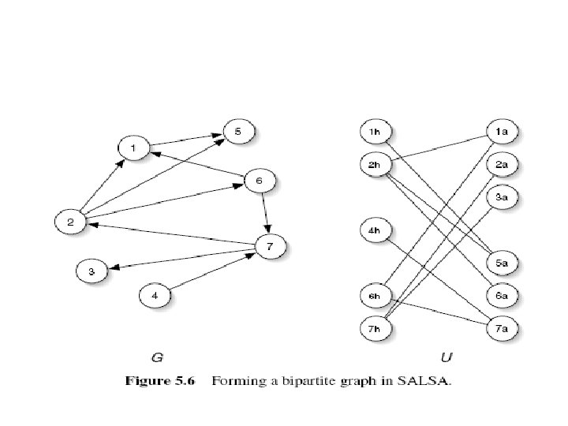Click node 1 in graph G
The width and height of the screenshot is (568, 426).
[133, 148]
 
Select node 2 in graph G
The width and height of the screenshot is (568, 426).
[70, 222]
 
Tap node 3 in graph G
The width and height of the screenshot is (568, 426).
[92, 271]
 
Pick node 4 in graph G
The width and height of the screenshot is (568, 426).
[155, 296]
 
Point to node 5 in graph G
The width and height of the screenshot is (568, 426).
[239, 132]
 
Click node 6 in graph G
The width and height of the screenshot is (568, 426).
[260, 181]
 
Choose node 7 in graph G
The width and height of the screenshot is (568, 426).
[270, 247]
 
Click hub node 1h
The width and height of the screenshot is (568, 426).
[375, 132]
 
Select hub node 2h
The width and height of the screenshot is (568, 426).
[375, 164]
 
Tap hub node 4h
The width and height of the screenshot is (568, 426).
[375, 230]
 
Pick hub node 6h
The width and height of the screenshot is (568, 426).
[375, 296]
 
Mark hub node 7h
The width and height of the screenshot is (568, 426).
[375, 327]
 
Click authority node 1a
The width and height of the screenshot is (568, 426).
[502, 132]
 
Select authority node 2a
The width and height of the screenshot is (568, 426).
[502, 164]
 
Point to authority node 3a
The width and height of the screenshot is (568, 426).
[502, 196]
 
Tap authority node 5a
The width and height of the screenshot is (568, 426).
[502, 262]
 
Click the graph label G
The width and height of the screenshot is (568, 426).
[157, 358]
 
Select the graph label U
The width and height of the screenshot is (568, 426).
[447, 358]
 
